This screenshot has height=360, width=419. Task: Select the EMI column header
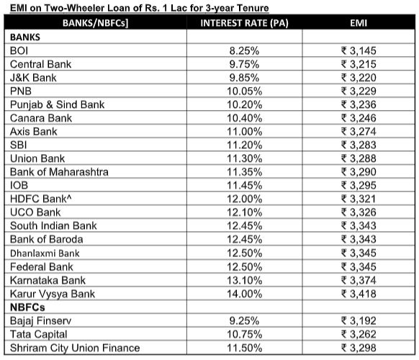coord(359,23)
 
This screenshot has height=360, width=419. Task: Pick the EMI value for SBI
coord(359,145)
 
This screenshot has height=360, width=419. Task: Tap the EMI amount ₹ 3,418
coord(359,294)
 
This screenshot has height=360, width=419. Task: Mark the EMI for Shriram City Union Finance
coord(359,348)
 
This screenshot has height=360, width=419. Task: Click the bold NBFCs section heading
coord(29,307)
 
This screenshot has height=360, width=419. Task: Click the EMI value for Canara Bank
coord(359,118)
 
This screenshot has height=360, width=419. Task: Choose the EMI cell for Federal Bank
coord(359,267)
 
